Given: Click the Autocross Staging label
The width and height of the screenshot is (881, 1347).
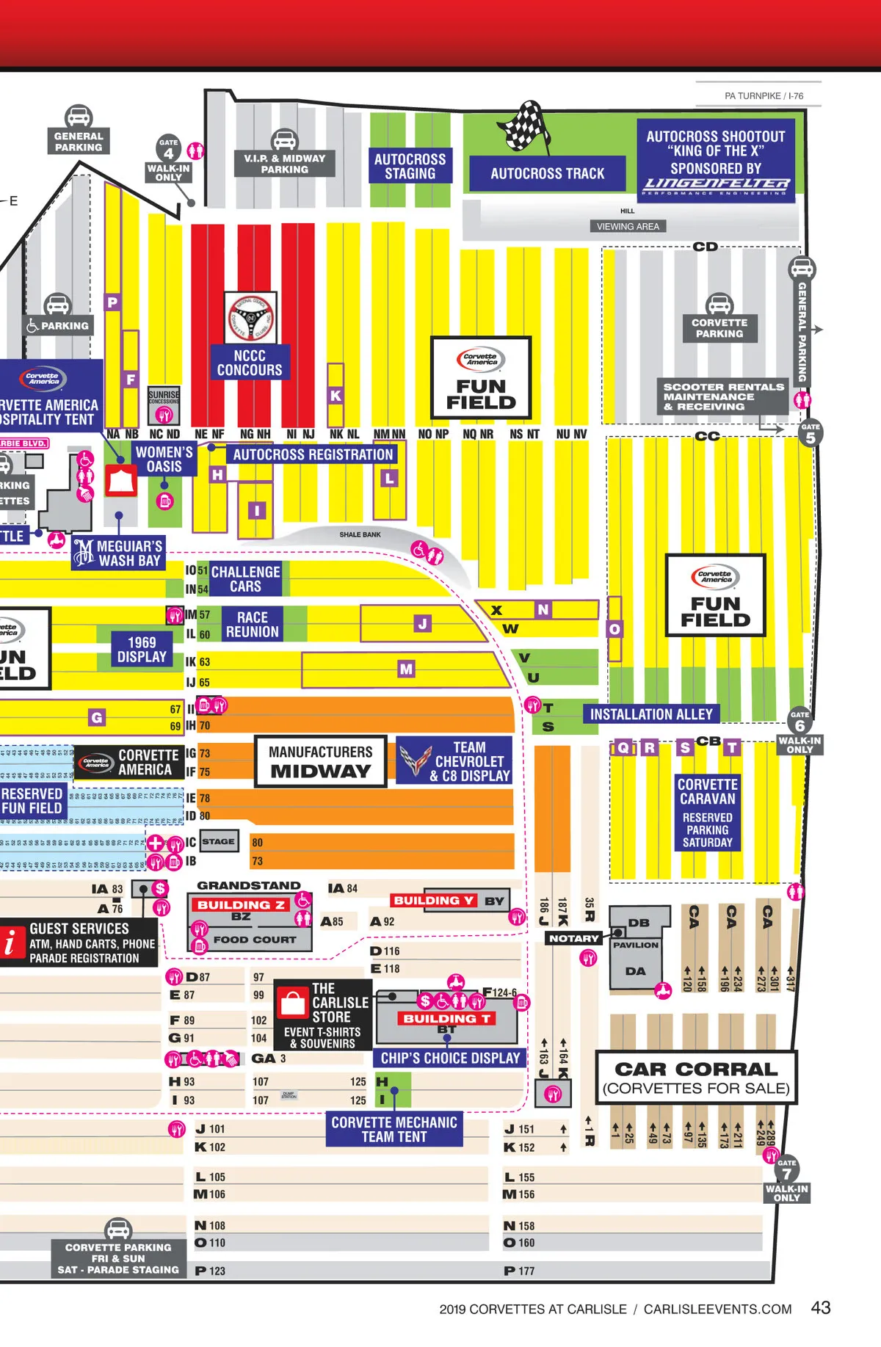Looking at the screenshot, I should (410, 167).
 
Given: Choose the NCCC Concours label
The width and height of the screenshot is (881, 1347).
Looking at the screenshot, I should (250, 363).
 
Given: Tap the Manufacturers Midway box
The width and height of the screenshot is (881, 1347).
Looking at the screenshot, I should (320, 761).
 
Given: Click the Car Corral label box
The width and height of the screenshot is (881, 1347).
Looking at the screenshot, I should (695, 1078).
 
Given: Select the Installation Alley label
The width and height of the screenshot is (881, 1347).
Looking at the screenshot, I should (651, 714).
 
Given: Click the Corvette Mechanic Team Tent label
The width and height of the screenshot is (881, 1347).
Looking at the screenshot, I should (394, 1129).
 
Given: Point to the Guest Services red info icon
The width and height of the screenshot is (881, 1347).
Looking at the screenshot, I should (11, 943).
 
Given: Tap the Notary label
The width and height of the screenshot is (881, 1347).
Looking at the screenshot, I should (574, 938).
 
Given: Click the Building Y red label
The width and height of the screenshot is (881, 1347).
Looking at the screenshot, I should (433, 901).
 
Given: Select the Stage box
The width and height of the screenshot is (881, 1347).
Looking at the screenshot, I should (218, 841).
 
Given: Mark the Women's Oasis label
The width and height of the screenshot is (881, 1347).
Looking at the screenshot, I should (164, 460).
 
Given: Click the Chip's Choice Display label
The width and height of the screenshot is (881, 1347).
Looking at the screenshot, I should (450, 1058).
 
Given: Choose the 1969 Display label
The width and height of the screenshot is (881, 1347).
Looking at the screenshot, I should (142, 650).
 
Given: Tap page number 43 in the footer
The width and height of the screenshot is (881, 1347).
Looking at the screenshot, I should (820, 1307).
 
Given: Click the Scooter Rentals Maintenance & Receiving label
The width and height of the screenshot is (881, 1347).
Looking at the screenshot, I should (723, 396).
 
